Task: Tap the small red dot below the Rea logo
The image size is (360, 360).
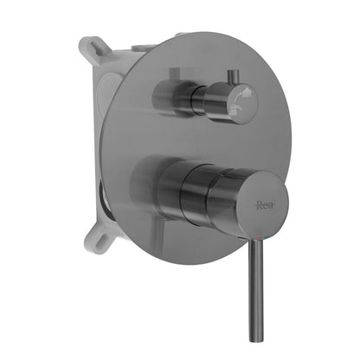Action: click(x=265, y=230)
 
